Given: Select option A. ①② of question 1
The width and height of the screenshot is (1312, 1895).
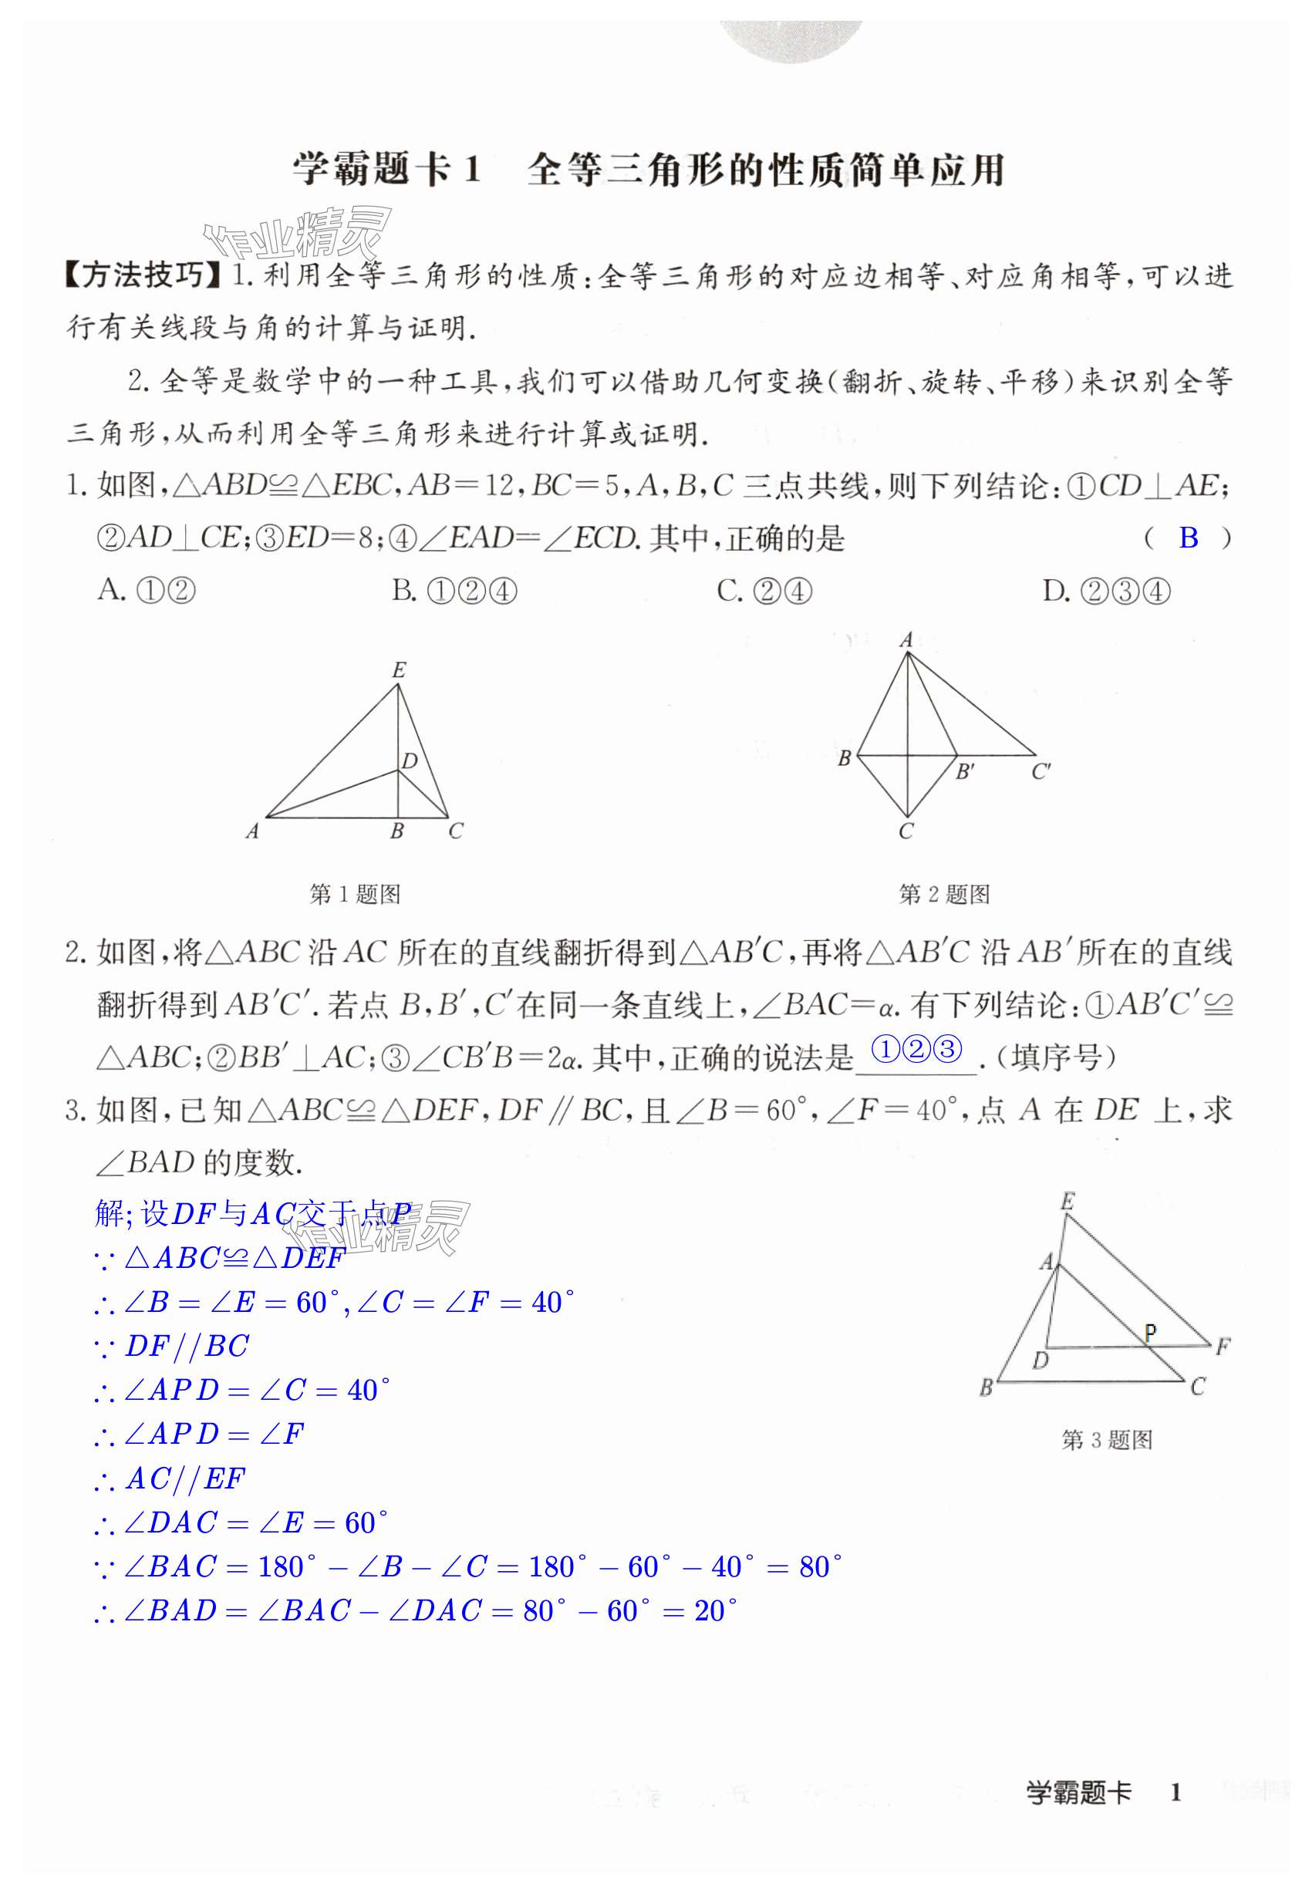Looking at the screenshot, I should pos(147,591).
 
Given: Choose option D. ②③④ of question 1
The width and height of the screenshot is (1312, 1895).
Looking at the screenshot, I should pos(1105,591).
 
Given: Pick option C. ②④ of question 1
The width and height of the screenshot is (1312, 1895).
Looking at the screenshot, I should pos(764,591).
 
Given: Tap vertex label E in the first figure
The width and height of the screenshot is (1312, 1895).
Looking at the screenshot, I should pos(399,669).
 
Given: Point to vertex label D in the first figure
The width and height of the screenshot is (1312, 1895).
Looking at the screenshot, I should pos(410,761).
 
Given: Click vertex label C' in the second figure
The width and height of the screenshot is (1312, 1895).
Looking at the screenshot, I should pos(1040,771).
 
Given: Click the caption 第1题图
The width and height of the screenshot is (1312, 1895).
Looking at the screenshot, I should pos(354,894).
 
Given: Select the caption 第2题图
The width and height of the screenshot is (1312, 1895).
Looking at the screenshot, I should pos(944,894).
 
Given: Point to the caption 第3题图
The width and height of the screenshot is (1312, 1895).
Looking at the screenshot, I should pos(1107,1440).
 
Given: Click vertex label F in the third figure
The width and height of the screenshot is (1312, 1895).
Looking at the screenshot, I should pos(1223,1346).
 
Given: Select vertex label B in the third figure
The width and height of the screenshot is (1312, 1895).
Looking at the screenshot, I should pos(987,1388).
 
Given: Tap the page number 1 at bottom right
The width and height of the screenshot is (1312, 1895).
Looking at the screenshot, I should pos(1175,1792).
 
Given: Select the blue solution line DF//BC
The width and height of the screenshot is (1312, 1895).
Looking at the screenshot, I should pos(186,1346).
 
